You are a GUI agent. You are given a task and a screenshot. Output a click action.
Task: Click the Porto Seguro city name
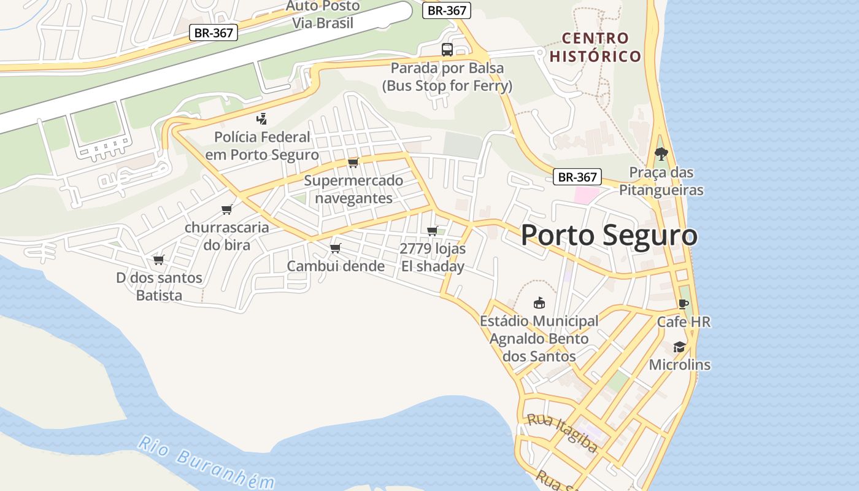(x=609, y=236)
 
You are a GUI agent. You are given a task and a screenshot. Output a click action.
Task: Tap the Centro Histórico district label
(x=595, y=47)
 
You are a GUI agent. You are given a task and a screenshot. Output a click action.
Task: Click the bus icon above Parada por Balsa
(x=447, y=50)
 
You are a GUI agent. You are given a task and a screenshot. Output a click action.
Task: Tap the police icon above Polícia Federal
(x=262, y=118)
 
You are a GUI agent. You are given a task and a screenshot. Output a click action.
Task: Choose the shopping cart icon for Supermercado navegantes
(x=353, y=163)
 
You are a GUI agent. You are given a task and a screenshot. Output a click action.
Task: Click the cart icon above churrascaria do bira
(x=227, y=210)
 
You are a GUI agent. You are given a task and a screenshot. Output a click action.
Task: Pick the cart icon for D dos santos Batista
(x=159, y=260)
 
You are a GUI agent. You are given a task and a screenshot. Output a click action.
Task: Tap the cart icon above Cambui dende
(x=335, y=248)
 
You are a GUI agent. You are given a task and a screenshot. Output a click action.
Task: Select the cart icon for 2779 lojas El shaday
(x=433, y=231)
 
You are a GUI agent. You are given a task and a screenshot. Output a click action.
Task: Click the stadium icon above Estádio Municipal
(x=539, y=303)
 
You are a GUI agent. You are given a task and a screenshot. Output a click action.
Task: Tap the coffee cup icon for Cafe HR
(x=684, y=304)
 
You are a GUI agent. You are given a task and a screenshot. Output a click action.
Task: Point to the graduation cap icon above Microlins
(x=679, y=347)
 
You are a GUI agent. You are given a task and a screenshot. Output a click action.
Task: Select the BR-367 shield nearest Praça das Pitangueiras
(x=577, y=177)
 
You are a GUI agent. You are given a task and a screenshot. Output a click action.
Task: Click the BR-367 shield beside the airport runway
(x=213, y=33)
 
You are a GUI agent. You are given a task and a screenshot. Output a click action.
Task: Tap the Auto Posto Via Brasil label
(x=323, y=15)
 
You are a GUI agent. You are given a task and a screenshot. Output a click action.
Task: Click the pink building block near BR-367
(x=586, y=196)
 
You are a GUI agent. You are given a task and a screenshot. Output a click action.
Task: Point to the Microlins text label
(x=679, y=365)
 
